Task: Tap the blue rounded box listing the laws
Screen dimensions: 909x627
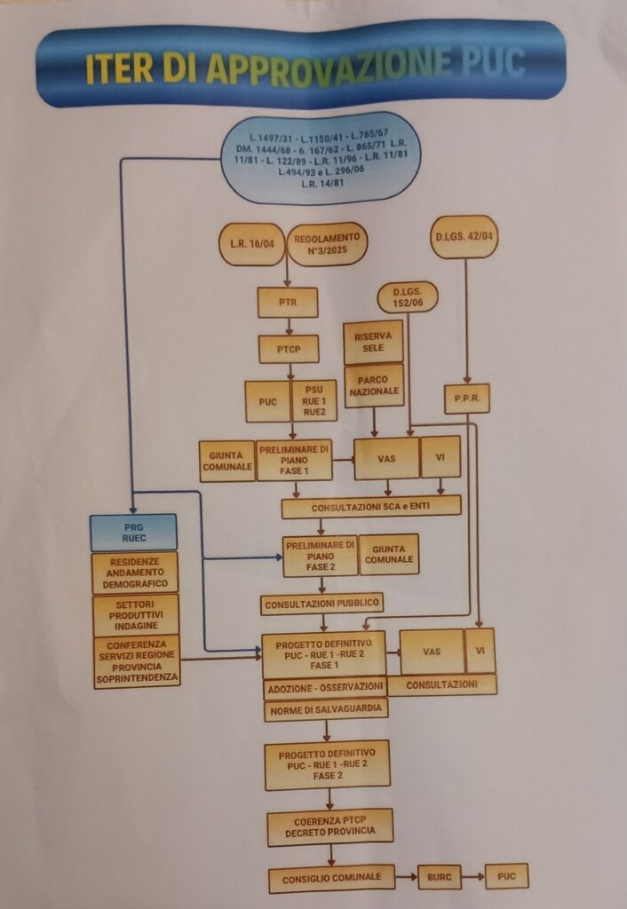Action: pyautogui.click(x=320, y=157)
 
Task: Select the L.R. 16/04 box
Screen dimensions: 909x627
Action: pyautogui.click(x=250, y=244)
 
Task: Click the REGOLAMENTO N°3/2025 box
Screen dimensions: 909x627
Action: pyautogui.click(x=327, y=244)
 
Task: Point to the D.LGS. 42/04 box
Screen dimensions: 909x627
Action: pyautogui.click(x=464, y=237)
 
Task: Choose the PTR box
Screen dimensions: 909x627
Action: pyautogui.click(x=288, y=303)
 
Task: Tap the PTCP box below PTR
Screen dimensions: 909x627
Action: pyautogui.click(x=289, y=349)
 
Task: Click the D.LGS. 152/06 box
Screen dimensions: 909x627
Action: pyautogui.click(x=408, y=297)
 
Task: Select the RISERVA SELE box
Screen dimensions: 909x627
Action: pyautogui.click(x=373, y=342)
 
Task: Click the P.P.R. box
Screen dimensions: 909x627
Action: pyautogui.click(x=467, y=399)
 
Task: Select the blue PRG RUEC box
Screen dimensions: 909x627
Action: pyautogui.click(x=133, y=532)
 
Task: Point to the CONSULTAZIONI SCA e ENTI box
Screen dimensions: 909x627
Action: pyautogui.click(x=371, y=507)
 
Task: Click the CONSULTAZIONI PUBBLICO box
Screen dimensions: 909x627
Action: pyautogui.click(x=322, y=604)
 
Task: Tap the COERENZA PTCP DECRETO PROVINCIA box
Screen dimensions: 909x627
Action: pyautogui.click(x=329, y=826)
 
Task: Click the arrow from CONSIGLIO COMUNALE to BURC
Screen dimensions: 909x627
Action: pyautogui.click(x=406, y=878)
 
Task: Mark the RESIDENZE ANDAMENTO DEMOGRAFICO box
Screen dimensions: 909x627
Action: pyautogui.click(x=135, y=573)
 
